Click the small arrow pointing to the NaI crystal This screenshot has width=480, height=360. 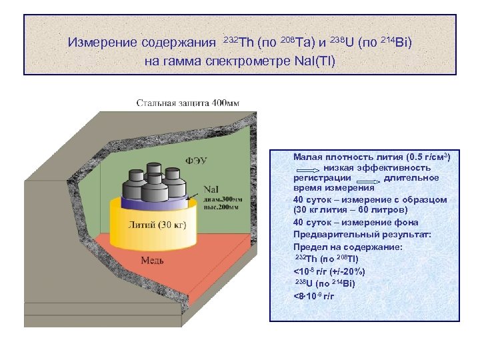tap(195, 195)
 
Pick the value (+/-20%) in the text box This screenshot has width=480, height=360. tap(364, 272)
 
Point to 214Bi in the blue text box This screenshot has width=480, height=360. tap(343, 284)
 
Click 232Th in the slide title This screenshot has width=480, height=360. tap(235, 41)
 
